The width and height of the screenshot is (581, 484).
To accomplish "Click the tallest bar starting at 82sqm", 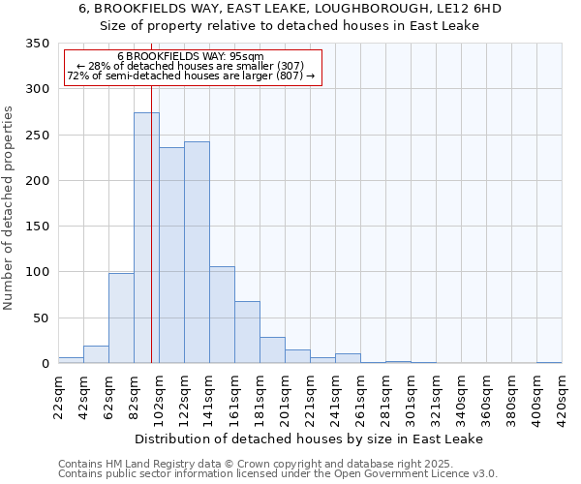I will tap(146, 238).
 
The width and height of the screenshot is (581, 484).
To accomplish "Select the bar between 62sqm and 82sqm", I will tap(121, 318).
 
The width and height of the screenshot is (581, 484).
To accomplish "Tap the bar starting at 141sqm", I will tap(222, 315).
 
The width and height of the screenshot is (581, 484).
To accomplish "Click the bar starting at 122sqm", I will tap(197, 253).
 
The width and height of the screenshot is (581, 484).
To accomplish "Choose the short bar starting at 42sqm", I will tap(96, 354).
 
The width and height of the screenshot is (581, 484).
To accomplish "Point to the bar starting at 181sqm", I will tap(272, 350).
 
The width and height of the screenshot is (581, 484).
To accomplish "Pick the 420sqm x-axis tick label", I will tap(562, 397).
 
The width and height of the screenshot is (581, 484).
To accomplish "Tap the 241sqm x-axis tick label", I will tap(335, 397).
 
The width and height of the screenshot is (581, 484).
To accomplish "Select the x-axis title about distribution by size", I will tap(309, 439).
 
